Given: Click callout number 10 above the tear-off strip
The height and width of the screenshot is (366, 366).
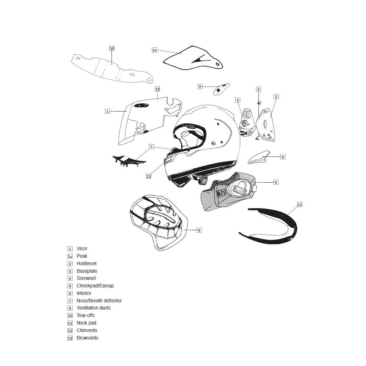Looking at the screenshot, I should tap(112, 48).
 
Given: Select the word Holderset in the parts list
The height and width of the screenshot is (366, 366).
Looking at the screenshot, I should tap(86, 264).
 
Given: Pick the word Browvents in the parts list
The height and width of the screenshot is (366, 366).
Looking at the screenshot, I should tap(87, 338).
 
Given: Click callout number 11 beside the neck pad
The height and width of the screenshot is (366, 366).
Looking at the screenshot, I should tap(300, 204).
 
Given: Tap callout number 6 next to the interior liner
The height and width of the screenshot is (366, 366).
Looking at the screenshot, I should tap(199, 230).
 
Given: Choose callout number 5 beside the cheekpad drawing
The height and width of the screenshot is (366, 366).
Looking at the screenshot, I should tap(276, 182).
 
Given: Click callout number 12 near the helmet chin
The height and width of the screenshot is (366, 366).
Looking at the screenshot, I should tap(149, 176).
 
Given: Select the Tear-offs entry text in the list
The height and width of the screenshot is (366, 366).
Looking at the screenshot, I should tap(85, 316).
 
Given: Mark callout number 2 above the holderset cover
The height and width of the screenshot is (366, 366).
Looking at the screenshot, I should tap(276, 97).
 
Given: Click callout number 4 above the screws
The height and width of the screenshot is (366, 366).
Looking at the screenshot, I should tap(258, 89).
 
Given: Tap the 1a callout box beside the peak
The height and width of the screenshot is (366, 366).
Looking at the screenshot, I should tap(154, 50).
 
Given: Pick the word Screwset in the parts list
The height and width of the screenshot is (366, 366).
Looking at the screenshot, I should tap(86, 278).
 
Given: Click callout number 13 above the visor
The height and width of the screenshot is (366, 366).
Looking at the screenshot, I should tap(157, 89).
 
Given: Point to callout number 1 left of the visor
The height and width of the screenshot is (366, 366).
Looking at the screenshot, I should tap(107, 111).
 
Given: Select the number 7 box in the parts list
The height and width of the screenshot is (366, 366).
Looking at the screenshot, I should tap(70, 301).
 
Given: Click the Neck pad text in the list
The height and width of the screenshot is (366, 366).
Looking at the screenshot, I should tap(86, 323).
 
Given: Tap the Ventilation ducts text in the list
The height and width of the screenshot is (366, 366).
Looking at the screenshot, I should tap(93, 308).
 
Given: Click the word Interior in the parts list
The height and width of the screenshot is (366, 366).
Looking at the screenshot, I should tap(84, 293).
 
